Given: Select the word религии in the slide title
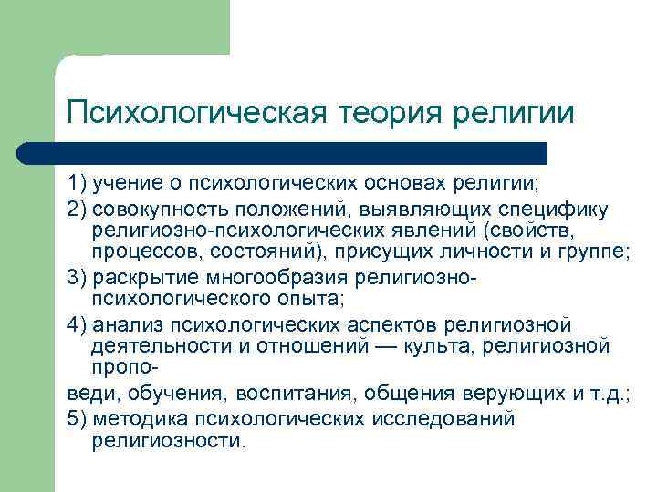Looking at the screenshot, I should (x=520, y=114).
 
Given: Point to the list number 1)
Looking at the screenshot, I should (x=79, y=185).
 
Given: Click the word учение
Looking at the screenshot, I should (x=129, y=185).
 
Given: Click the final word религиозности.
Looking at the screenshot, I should (x=168, y=440).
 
